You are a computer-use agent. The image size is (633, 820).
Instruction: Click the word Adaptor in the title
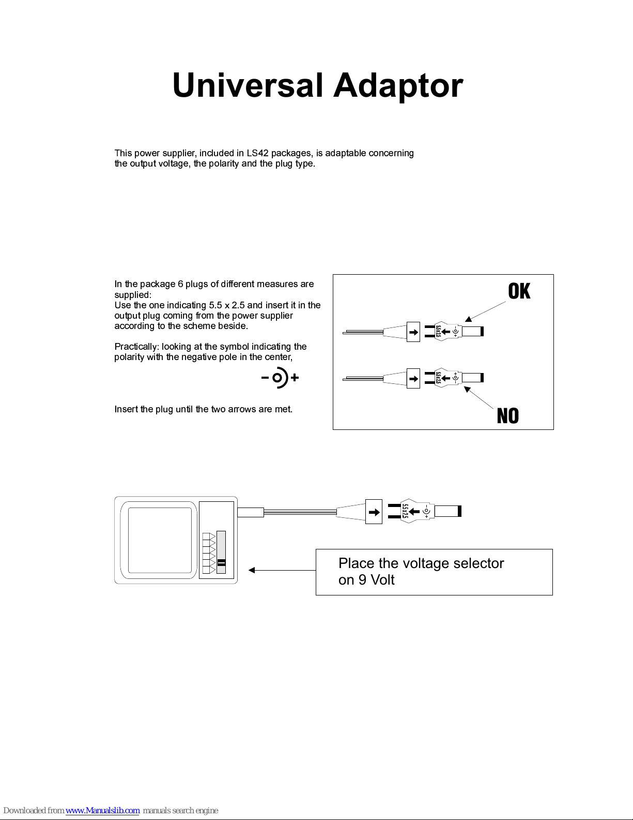[398, 86]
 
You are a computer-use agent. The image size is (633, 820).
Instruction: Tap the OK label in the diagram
[519, 291]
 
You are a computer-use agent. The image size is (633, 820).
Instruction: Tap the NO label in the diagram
[508, 416]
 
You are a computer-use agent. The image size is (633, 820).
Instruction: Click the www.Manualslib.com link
[102, 811]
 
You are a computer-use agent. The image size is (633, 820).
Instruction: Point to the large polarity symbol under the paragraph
[280, 377]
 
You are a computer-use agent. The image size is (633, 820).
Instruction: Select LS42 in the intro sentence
[257, 153]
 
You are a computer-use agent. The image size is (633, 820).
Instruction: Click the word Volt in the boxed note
[382, 580]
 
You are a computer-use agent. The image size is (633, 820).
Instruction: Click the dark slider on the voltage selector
[222, 563]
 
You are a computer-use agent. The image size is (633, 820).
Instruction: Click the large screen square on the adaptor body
[160, 540]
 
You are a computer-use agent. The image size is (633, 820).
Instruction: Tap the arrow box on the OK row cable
[413, 332]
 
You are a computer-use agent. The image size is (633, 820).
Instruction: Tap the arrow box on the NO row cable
[413, 379]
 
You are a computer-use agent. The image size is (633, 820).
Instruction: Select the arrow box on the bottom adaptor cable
[374, 512]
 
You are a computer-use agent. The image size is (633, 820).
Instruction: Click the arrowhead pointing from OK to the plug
[468, 319]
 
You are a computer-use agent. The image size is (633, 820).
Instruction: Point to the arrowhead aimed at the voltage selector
[252, 570]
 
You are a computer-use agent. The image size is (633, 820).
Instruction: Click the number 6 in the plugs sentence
[180, 284]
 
